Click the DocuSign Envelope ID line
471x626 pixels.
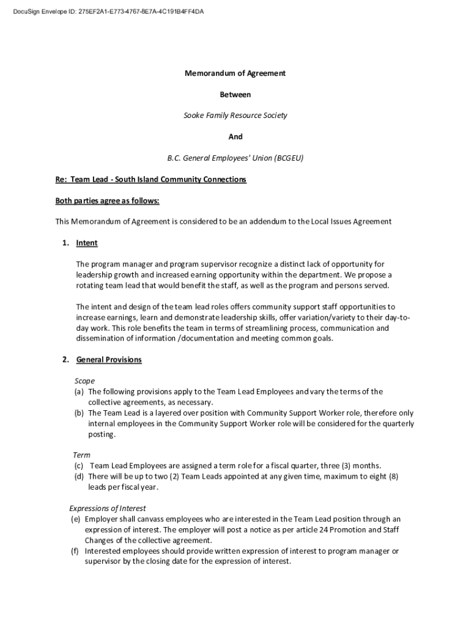point(104,11)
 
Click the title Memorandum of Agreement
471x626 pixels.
point(236,73)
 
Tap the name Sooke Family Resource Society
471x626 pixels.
point(236,116)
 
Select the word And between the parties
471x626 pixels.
point(236,137)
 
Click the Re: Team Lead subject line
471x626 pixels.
point(150,179)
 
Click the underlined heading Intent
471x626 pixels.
point(87,243)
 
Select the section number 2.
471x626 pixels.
point(65,359)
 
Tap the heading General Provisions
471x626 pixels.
point(109,359)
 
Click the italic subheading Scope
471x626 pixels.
point(84,381)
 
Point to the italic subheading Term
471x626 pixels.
point(81,455)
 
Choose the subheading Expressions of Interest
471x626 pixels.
point(107,508)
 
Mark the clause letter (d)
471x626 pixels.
point(79,476)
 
